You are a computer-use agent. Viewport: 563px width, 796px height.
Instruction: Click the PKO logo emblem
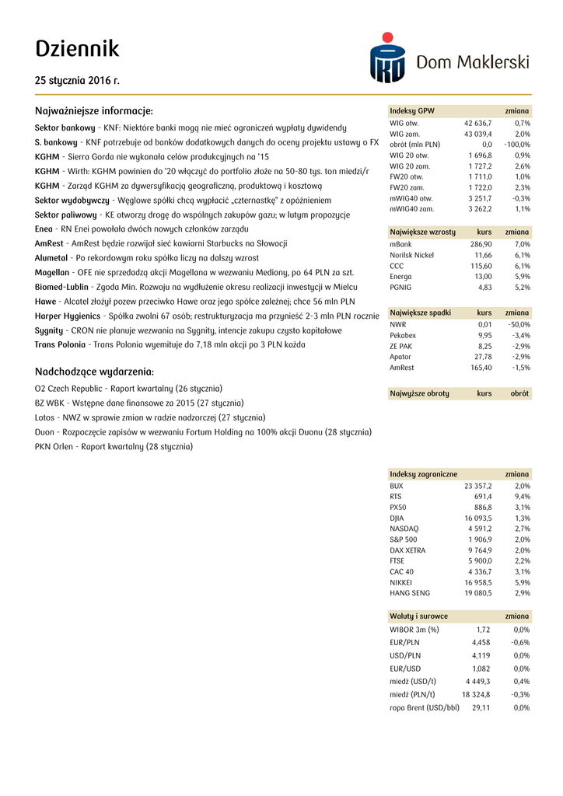(x=386, y=58)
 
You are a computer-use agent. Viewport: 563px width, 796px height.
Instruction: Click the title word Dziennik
(x=77, y=48)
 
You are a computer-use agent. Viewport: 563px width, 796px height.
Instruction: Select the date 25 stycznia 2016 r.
(x=77, y=80)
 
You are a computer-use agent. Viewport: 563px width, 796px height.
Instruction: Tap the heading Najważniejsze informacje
(x=94, y=110)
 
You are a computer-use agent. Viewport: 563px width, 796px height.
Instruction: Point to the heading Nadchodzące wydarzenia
(x=94, y=372)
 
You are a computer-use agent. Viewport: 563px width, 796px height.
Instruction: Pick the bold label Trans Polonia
(x=60, y=344)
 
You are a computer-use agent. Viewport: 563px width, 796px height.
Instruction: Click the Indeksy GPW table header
(x=412, y=111)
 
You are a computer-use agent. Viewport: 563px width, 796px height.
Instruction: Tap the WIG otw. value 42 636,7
(x=477, y=124)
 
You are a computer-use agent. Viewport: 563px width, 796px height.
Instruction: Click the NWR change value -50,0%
(x=518, y=324)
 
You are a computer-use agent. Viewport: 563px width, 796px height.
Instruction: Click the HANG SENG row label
(x=409, y=593)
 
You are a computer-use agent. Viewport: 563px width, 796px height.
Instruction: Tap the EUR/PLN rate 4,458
(x=481, y=643)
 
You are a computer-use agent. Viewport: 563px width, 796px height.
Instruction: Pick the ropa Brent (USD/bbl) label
(x=425, y=708)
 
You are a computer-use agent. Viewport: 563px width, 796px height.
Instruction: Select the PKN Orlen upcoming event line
(x=114, y=447)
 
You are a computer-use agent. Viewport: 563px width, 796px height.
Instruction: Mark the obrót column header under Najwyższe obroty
(x=519, y=394)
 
